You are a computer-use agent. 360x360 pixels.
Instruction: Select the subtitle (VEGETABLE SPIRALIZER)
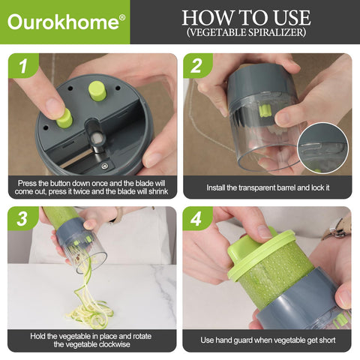[x=246, y=34]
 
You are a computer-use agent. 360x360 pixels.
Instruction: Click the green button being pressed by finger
[x=64, y=118]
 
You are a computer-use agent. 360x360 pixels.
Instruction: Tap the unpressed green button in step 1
[x=97, y=90]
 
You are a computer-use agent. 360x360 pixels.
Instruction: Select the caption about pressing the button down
[x=91, y=187]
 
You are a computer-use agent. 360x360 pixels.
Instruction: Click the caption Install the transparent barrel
[x=268, y=187]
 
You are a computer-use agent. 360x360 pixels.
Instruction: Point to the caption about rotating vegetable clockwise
[x=91, y=340]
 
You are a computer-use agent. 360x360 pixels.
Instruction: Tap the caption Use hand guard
[x=268, y=340]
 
